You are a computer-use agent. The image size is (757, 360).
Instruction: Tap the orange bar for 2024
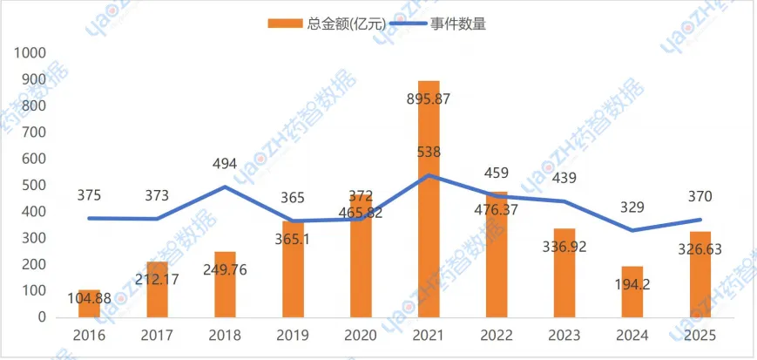632,292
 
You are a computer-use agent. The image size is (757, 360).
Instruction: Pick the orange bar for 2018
225,284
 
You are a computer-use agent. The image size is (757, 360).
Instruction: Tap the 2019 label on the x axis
293,336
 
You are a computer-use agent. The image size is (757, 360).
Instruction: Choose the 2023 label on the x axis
564,336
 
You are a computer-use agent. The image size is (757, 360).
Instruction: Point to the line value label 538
429,152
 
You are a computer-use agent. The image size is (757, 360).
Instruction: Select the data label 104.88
90,298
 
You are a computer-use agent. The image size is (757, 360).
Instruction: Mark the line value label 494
225,163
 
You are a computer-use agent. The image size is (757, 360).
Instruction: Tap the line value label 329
632,207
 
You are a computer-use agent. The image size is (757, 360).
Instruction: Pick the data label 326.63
700,248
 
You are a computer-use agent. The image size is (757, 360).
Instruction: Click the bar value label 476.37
497,208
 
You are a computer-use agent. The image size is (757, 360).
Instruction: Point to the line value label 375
90,195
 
